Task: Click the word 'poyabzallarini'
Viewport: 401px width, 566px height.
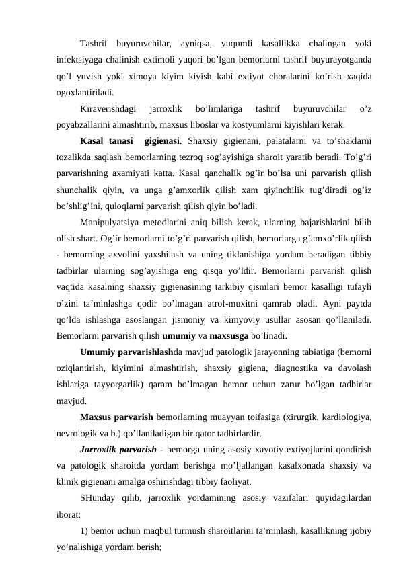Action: (x=85, y=124)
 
